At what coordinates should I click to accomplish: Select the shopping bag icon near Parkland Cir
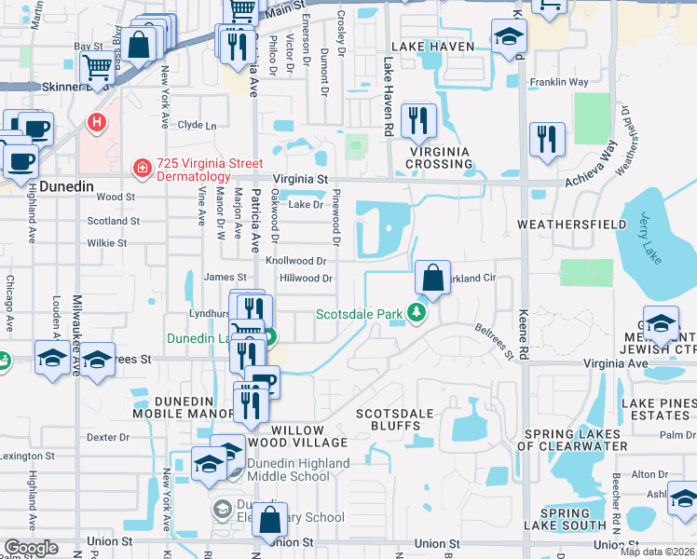[432, 278]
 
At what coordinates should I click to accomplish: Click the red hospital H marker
[96, 122]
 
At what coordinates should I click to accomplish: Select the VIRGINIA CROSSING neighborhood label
[439, 157]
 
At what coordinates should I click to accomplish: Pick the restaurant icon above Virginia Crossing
[417, 120]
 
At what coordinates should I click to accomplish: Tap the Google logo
[30, 548]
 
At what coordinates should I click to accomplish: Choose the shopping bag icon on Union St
[269, 523]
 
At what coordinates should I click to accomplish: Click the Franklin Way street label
[559, 82]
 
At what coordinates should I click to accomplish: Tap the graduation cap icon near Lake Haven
[509, 37]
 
